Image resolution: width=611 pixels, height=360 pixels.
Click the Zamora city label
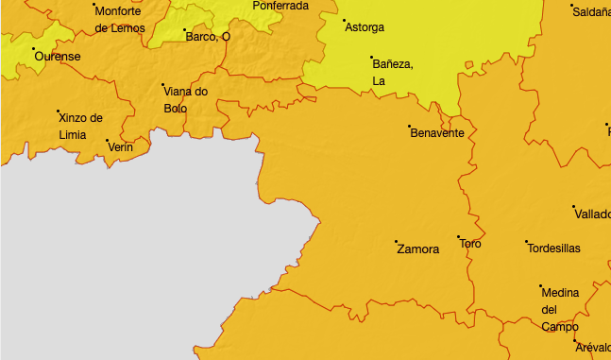[x=418, y=249]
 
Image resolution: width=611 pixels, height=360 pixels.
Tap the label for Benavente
[x=437, y=133]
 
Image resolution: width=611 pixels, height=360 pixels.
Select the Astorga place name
[x=365, y=27]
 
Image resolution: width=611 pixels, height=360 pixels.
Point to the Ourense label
[x=58, y=57]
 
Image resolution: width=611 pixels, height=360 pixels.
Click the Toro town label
[x=469, y=244]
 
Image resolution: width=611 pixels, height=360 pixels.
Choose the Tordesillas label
[x=553, y=249]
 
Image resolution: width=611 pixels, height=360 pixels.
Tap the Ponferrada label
[x=280, y=6]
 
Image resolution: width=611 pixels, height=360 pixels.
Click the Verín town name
[x=121, y=147]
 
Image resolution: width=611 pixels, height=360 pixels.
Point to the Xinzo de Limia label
[x=79, y=126]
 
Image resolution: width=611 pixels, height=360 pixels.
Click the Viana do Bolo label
[x=185, y=99]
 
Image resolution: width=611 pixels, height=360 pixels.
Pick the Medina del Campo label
[x=560, y=309]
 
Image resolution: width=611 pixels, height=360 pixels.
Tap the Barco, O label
[x=208, y=37]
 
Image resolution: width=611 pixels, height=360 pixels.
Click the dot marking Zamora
[x=397, y=242]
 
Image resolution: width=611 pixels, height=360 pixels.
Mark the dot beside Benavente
[x=409, y=126]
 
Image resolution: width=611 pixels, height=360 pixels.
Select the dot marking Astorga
[x=344, y=21]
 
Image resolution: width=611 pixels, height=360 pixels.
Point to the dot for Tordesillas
[x=527, y=242]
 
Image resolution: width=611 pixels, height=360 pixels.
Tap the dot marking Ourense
[x=34, y=49]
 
